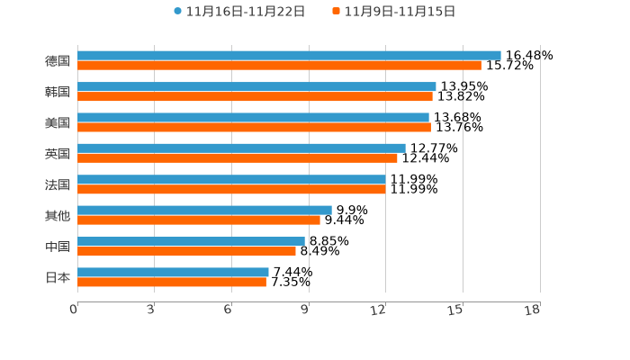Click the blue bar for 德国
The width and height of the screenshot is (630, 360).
pos(289,56)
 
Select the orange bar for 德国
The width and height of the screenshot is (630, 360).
pos(279,66)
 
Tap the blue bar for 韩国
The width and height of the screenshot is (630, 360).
pos(256,87)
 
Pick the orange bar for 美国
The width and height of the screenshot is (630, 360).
pos(254,128)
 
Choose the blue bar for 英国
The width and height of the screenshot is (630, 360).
pos(241,148)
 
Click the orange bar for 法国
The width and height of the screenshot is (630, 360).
pos(231,190)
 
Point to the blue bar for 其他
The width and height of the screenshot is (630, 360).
pos(204,211)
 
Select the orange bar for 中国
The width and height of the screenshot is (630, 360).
pos(186,252)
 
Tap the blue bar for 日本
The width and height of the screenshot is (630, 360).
pos(173,272)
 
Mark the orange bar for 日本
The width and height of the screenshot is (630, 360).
pos(172,283)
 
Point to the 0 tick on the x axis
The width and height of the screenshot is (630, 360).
pos(74,310)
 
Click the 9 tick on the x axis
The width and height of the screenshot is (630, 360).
pos(305,310)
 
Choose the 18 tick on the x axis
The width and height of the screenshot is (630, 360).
pos(533,310)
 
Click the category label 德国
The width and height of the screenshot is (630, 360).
pos(58,61)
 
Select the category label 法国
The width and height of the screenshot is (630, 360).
pos(58,184)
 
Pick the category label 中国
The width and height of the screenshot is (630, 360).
pos(58,247)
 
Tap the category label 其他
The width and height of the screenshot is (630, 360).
pos(58,216)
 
